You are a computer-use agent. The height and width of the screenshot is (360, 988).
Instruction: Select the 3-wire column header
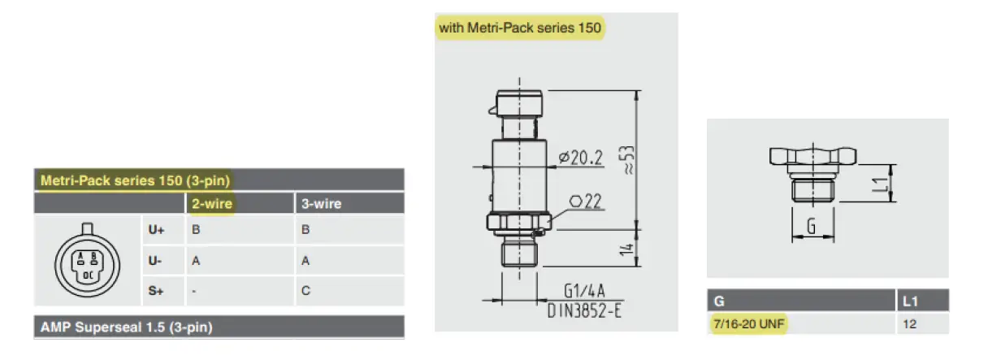(x=321, y=204)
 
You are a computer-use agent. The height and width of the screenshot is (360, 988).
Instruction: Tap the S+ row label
(x=156, y=291)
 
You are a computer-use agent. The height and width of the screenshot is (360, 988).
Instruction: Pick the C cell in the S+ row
(x=305, y=291)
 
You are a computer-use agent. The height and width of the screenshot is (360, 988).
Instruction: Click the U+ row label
(x=156, y=231)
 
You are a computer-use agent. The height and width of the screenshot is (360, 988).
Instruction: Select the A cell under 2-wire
(x=195, y=261)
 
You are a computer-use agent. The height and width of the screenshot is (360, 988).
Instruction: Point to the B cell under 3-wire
(x=305, y=231)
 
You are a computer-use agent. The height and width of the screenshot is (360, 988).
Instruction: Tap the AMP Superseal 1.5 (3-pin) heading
(x=127, y=327)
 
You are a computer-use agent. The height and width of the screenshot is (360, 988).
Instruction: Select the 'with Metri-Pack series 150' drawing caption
(x=520, y=28)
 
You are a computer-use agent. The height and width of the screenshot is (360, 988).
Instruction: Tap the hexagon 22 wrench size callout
(x=583, y=202)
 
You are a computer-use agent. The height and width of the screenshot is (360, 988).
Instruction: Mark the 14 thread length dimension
(x=625, y=250)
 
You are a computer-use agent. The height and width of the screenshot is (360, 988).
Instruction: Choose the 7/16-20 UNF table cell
(x=750, y=324)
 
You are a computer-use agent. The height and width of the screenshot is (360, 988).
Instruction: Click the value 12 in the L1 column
(x=909, y=324)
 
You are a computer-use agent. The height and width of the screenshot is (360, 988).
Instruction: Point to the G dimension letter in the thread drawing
(x=811, y=228)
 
